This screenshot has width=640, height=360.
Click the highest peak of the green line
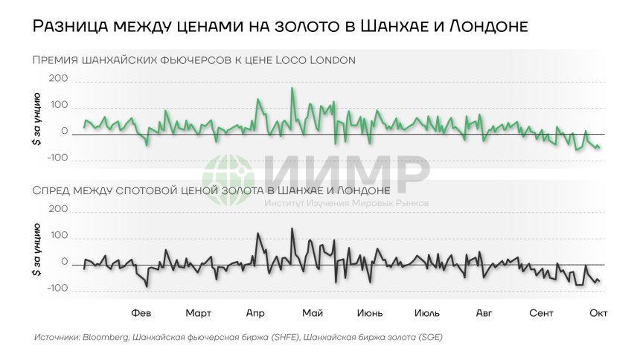point(292,89)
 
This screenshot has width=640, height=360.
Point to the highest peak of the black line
point(291,228)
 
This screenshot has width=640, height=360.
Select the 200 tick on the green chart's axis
point(59,79)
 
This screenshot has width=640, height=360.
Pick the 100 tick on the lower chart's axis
point(59,237)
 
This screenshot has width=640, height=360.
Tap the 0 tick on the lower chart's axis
point(65,263)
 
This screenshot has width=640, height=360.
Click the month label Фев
point(141,313)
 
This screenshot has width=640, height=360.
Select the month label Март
point(198,313)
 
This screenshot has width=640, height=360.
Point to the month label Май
point(313,313)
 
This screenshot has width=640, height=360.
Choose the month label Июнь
point(370,313)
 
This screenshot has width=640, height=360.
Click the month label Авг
point(484,313)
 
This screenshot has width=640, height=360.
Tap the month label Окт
point(598,313)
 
